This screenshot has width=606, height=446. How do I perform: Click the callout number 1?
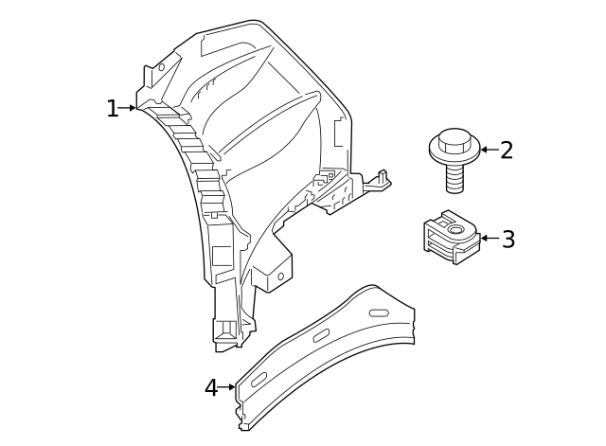coord(112,109)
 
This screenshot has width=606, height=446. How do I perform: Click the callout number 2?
coord(507,151)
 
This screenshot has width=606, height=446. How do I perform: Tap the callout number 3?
coord(508,240)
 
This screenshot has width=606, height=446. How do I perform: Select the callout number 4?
coord(211,388)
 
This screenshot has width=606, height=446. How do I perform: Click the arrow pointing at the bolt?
coord(488,150)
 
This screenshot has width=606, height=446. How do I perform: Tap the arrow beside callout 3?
coord(489,238)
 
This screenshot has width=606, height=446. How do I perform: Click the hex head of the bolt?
coord(454,141)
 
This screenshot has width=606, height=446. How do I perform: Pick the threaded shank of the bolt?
coord(454,177)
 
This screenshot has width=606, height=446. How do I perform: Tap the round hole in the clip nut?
coord(455,229)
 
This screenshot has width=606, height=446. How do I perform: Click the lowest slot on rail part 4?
coord(258,379)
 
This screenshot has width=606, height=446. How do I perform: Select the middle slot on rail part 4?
coord(321,335)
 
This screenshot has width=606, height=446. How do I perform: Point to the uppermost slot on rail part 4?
coord(379,312)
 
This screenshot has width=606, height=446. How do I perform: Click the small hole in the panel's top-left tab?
coord(161,67)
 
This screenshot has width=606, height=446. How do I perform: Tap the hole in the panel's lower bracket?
coord(280,277)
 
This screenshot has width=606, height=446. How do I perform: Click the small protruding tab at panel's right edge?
coord(382,177)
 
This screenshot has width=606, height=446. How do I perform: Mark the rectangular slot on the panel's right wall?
coord(337,132)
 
